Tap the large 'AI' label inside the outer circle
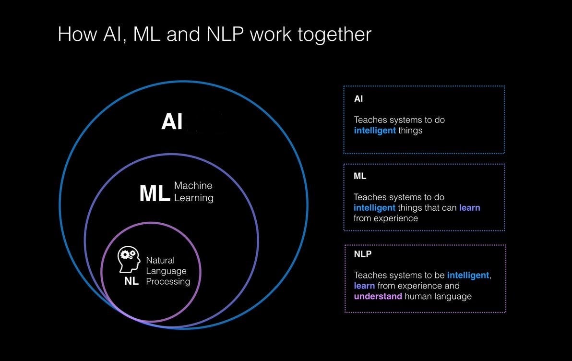(172, 122)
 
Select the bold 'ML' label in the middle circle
(155, 193)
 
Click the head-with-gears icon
(129, 260)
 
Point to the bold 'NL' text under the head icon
(131, 281)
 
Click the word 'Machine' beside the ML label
(193, 185)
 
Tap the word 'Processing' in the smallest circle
(168, 281)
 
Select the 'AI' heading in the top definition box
(358, 99)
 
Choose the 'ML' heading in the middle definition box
(360, 176)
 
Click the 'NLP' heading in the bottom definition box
(363, 254)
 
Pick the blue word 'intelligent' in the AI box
(375, 131)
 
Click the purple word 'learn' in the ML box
(469, 208)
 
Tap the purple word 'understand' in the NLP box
(378, 296)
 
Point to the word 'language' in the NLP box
(451, 296)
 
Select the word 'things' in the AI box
(410, 131)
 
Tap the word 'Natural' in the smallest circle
(160, 260)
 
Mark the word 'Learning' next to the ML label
(194, 198)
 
